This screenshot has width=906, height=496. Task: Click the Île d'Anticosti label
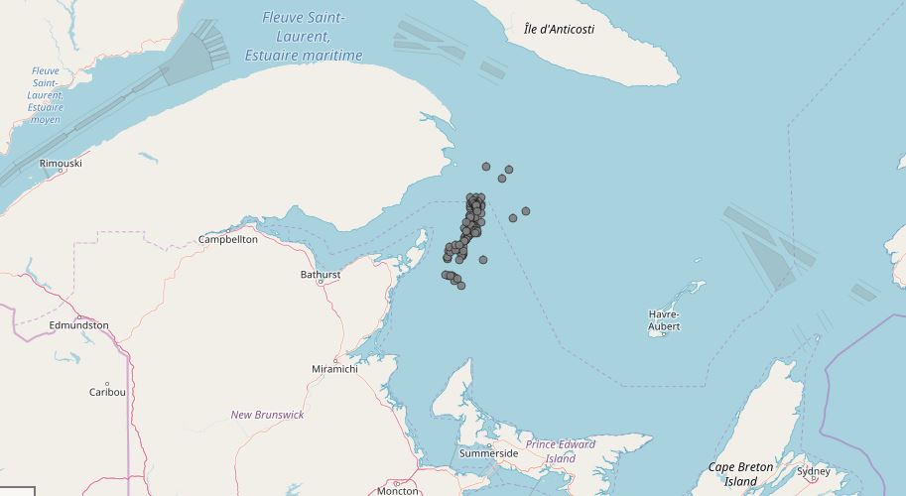(559, 29)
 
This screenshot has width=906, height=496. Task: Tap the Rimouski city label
(61, 163)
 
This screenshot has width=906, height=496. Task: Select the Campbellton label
(228, 239)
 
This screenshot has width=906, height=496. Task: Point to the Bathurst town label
(321, 274)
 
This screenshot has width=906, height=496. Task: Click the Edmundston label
(78, 324)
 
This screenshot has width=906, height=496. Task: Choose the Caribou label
(107, 392)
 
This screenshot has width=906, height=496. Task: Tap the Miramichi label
(333, 369)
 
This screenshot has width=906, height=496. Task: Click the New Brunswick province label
(267, 415)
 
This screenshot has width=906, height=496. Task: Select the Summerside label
(488, 453)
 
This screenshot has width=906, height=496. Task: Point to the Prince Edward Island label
(561, 451)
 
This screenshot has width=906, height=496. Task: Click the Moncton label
(398, 491)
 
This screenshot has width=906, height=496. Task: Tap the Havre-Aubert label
(665, 320)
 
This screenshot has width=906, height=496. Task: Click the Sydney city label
(814, 470)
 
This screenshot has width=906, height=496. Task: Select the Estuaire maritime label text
(304, 56)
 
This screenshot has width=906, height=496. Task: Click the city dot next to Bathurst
(321, 283)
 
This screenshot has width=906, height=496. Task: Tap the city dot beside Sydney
(814, 480)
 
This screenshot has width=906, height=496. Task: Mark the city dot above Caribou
(107, 383)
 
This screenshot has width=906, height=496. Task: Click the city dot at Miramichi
(334, 360)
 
